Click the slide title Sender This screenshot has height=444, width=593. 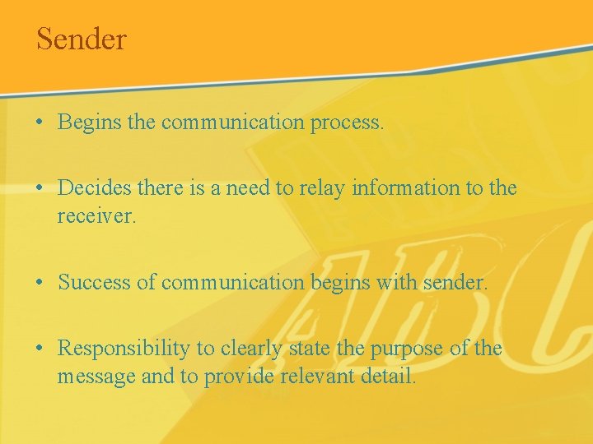click(x=81, y=39)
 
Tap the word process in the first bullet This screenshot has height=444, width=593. click(x=347, y=123)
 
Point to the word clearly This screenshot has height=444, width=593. click(x=246, y=349)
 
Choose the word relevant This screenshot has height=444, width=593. click(x=314, y=377)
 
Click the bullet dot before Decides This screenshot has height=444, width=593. click(x=40, y=189)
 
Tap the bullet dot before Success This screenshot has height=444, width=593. click(x=40, y=284)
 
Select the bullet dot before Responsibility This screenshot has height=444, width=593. click(x=40, y=349)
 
